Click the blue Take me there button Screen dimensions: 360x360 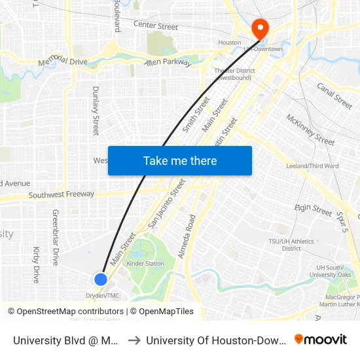[180, 161]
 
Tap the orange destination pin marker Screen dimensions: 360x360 [260, 29]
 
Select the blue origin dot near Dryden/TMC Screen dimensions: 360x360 [100, 279]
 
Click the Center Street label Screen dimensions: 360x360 [155, 27]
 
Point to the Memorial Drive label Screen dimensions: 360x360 [63, 61]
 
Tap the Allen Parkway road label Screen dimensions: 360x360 [168, 63]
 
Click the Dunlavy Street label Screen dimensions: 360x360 [96, 111]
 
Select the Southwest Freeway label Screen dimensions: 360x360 [61, 194]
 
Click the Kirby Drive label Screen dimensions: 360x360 [37, 264]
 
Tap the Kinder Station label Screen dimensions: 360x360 [145, 264]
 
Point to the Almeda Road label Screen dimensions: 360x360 [191, 231]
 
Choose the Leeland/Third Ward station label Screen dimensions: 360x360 [312, 166]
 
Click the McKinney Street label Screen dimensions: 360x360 [310, 129]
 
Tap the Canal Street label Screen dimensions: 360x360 [334, 96]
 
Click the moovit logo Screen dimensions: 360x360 [321, 339]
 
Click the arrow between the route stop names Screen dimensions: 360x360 [133, 340]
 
